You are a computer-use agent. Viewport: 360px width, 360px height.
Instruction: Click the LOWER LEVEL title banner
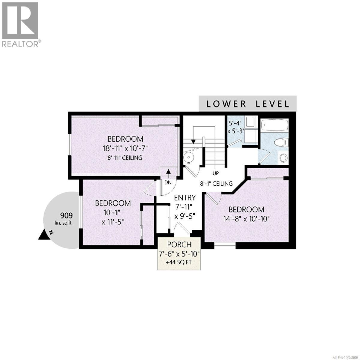click(247, 104)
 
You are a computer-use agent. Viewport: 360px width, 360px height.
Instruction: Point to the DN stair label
click(168, 182)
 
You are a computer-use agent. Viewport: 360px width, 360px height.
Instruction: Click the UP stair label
click(215, 173)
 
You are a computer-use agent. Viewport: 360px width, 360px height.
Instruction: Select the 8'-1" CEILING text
click(216, 183)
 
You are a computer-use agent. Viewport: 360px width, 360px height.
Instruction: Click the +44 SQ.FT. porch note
click(179, 262)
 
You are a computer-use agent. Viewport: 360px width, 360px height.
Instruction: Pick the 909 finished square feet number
click(66, 215)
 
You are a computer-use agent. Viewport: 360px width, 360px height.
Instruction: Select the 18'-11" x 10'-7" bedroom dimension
click(125, 148)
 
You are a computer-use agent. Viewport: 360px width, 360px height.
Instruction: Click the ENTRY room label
click(185, 197)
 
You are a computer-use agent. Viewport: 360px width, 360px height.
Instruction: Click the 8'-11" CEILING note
click(125, 157)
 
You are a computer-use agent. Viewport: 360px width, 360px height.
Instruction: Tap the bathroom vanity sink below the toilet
click(283, 157)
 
